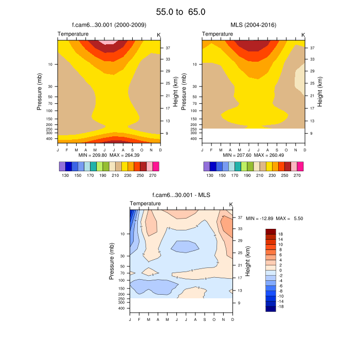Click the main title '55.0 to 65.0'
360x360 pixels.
point(180,11)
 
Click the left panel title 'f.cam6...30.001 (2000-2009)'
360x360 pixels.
point(109,25)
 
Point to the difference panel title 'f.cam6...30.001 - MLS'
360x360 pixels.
point(182,195)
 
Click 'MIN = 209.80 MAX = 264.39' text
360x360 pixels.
point(109,155)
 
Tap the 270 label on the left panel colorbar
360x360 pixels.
point(153,175)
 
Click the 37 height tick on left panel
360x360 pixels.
point(168,48)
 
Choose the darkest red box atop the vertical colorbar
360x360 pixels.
point(271,232)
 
